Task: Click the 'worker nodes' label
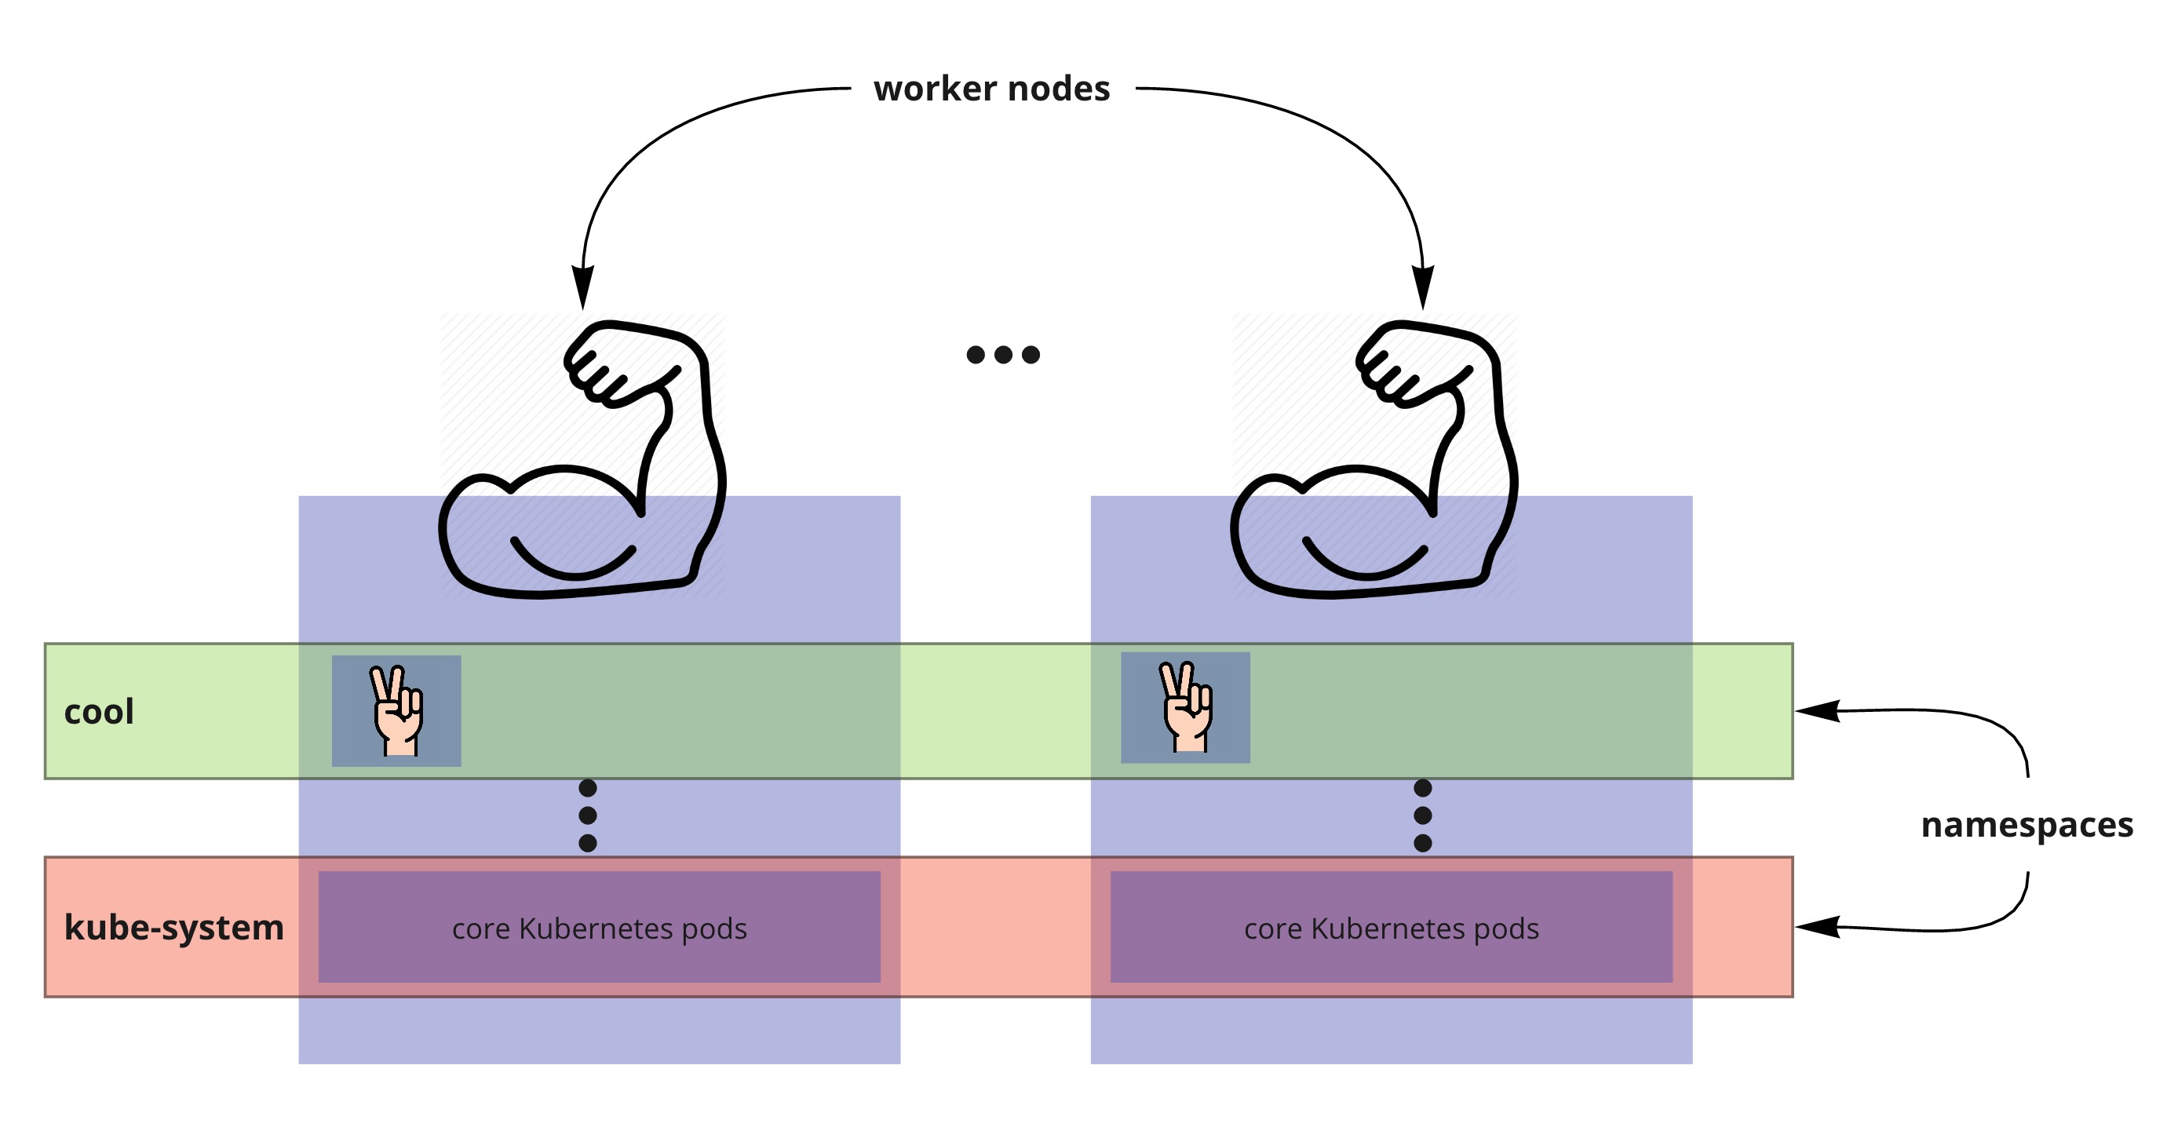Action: click(991, 89)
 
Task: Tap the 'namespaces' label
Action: click(2027, 825)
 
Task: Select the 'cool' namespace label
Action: click(99, 712)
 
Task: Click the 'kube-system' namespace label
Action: click(173, 927)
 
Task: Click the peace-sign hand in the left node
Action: click(396, 711)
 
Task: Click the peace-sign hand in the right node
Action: click(1185, 707)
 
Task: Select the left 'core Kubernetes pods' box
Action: click(599, 927)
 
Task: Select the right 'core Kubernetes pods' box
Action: click(1391, 927)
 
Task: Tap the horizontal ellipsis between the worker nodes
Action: click(1003, 354)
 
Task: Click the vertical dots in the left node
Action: click(588, 815)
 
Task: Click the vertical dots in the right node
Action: click(1423, 815)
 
